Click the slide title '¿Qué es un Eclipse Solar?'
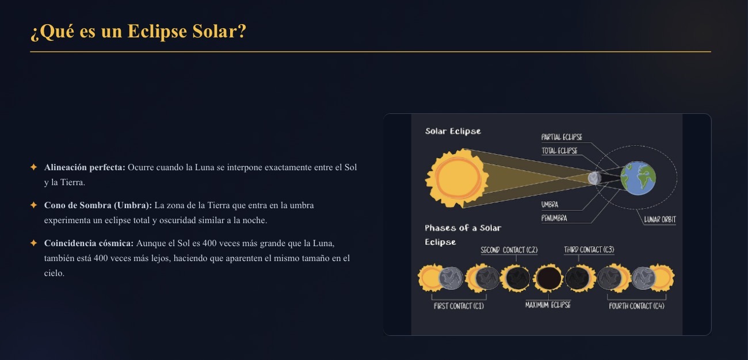click(138, 32)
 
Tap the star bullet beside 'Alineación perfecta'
click(34, 167)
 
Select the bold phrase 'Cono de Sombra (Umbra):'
click(98, 205)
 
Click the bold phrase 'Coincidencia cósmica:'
click(89, 243)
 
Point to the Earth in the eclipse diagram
click(638, 178)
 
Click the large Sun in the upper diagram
click(457, 178)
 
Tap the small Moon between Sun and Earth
click(594, 178)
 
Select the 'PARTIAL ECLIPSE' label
click(562, 137)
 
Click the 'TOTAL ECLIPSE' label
click(559, 151)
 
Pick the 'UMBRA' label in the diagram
click(549, 205)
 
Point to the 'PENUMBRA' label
click(554, 218)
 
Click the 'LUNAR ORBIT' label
click(660, 220)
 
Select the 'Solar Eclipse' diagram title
click(453, 131)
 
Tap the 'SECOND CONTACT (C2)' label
click(509, 250)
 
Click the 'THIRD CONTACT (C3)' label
click(589, 250)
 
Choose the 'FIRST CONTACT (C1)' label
click(459, 306)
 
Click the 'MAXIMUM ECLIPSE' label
click(548, 305)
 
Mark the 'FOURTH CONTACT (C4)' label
click(636, 306)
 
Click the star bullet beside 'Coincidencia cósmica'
click(34, 243)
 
